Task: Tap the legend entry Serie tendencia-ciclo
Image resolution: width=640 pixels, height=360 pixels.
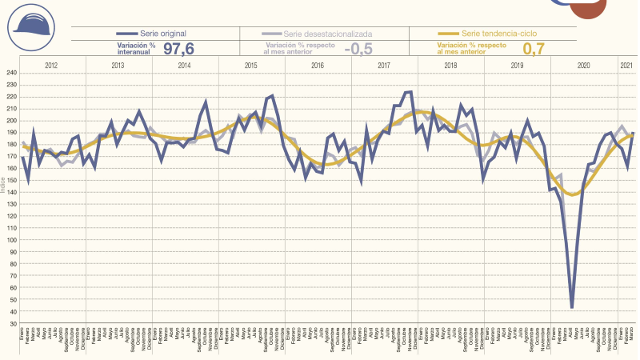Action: (x=488, y=34)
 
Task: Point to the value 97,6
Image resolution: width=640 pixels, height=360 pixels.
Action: (x=178, y=49)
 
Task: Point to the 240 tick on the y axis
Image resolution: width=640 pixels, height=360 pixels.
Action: (x=11, y=74)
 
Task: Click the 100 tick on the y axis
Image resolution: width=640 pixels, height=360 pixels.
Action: (x=11, y=240)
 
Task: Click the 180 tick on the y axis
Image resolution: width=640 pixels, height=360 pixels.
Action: (x=11, y=145)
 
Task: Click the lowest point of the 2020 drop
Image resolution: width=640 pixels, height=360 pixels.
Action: (x=572, y=307)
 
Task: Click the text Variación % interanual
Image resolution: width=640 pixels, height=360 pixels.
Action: (x=136, y=49)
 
